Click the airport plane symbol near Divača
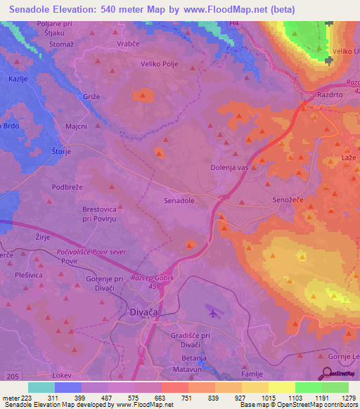tap(214, 309)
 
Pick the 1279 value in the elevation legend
tap(348, 398)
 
